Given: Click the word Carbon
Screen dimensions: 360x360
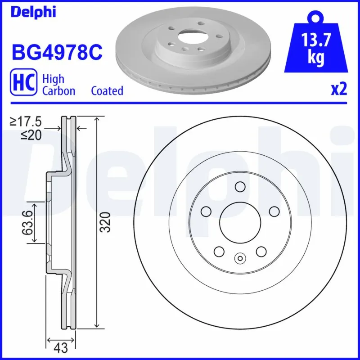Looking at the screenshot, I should pos(58,91).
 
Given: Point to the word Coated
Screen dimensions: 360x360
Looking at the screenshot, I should pos(107,91).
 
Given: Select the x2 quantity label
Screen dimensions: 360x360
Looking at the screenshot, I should pos(339,90).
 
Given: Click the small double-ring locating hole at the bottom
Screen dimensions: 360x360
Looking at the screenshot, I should pos(239,258).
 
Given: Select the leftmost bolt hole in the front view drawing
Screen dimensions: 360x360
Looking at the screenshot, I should pos(206,211).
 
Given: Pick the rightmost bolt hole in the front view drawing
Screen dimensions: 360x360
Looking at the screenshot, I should pos(273,211).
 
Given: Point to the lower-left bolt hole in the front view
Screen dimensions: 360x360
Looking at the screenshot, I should pos(219,251).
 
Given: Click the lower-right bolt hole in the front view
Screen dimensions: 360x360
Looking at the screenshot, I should pos(260,251).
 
